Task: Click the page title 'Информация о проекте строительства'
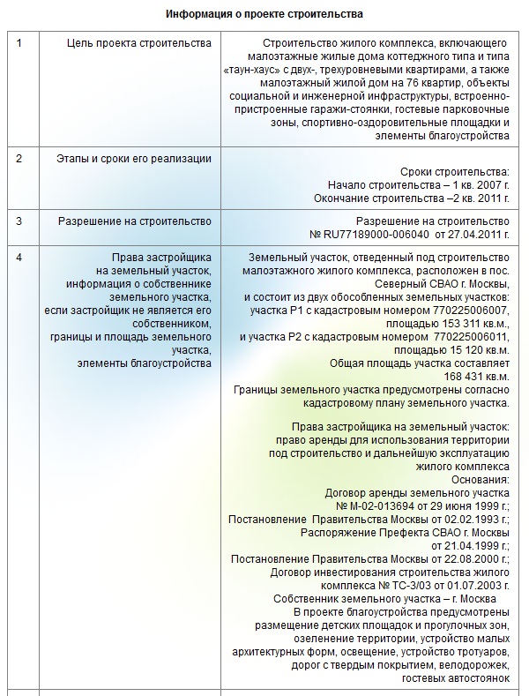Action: point(264,15)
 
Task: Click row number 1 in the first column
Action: point(20,43)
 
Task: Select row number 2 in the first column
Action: point(20,158)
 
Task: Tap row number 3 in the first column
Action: point(20,221)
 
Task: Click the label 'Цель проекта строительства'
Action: point(139,43)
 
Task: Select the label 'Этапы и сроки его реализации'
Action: point(134,158)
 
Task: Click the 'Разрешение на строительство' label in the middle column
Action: point(134,221)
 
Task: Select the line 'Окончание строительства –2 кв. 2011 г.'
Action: point(412,199)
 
